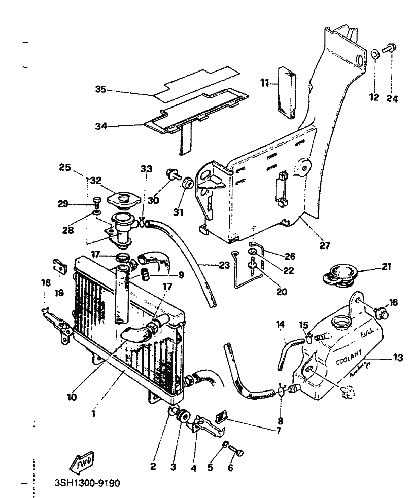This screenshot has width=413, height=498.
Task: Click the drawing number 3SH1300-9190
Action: coord(87,483)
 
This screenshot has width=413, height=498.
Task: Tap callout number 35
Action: coord(101,90)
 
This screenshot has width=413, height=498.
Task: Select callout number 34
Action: coord(101,126)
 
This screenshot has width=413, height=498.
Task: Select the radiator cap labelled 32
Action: coord(124,198)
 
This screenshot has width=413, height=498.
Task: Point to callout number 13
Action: coord(397,358)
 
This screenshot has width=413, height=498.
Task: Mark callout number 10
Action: coord(72,397)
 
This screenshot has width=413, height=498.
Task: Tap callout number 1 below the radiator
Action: coord(93,413)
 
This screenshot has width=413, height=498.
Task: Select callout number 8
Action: coord(280,420)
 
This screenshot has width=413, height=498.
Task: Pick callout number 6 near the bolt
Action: coord(230,468)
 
